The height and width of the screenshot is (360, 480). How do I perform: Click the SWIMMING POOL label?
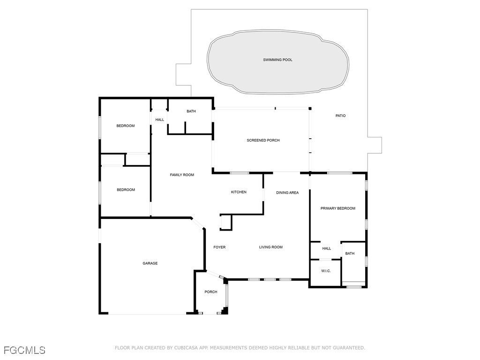point(277,60)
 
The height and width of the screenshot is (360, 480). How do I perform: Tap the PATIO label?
point(340,116)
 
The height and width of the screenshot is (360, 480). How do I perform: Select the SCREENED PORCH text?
point(263,141)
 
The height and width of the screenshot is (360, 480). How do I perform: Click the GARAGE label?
point(150,263)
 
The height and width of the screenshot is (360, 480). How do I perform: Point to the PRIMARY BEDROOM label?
point(337,209)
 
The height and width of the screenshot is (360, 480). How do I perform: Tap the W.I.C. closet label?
point(326,271)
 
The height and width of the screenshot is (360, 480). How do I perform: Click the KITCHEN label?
point(239,192)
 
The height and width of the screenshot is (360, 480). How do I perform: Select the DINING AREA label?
point(287,193)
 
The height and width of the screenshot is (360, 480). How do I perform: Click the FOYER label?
point(219,247)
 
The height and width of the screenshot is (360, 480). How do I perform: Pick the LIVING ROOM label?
point(271,247)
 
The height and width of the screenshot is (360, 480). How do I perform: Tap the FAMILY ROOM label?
point(182,175)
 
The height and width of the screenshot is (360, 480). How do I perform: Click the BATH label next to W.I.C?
point(350,254)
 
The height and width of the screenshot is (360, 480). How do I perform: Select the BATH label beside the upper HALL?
point(191,112)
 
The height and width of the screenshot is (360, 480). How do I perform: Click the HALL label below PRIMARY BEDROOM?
point(327,249)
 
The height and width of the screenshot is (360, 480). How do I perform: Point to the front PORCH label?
point(211,292)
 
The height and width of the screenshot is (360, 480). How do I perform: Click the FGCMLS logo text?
point(24,350)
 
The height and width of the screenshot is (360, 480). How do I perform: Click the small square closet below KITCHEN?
point(226,222)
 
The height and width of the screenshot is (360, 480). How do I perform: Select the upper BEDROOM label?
point(126,126)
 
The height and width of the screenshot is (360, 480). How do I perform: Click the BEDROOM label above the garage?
point(126,190)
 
